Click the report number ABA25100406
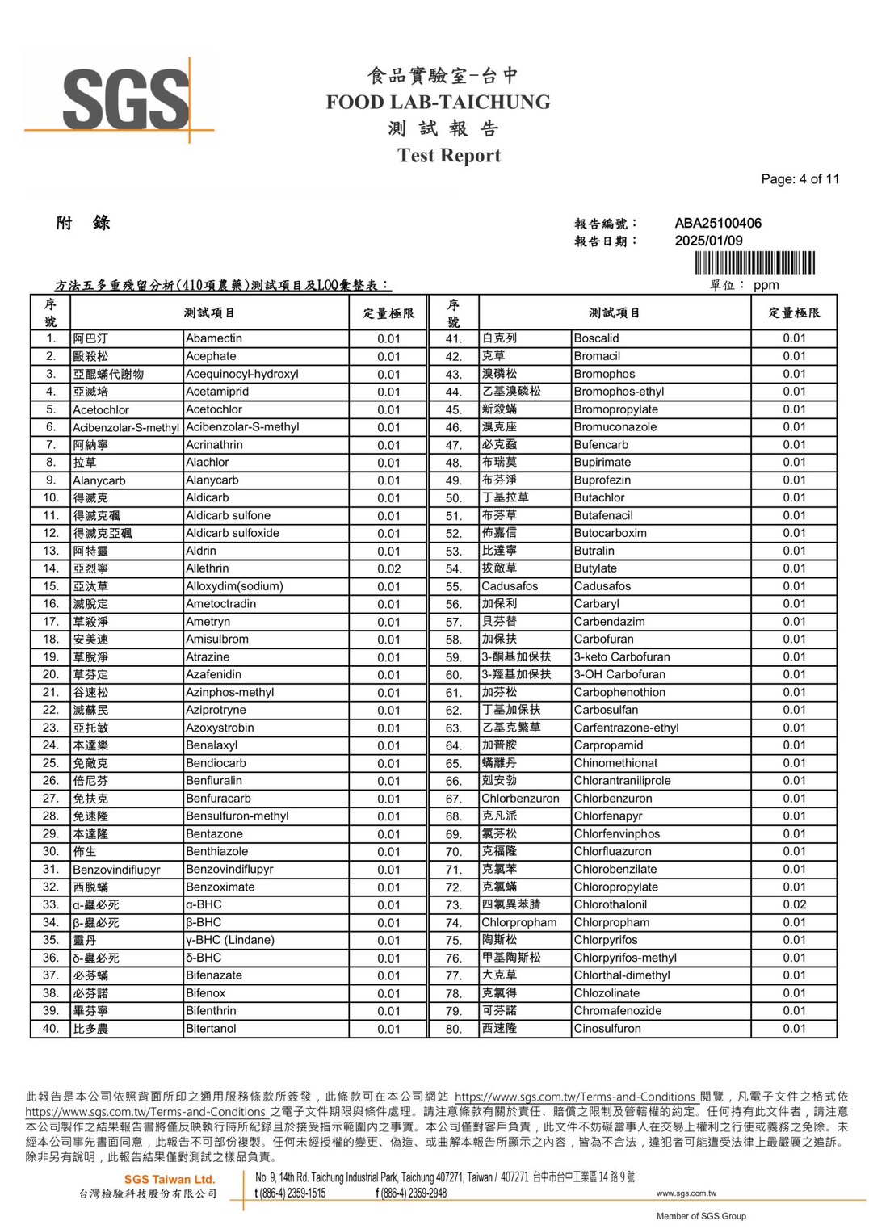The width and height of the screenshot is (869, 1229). point(718,223)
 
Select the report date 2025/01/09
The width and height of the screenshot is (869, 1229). point(708,241)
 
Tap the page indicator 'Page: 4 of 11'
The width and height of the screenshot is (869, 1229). point(800,179)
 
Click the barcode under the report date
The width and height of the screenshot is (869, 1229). point(754,263)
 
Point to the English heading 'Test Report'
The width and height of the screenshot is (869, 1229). point(449,155)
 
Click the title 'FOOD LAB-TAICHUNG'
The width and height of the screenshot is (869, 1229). point(438,103)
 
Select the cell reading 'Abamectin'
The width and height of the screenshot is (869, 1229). point(214,338)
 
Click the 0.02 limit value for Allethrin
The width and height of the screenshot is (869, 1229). point(388,568)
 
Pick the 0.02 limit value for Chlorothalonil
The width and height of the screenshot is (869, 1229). point(794,904)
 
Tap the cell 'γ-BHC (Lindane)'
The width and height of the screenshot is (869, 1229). point(230,940)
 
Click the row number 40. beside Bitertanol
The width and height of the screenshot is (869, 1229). point(51,1029)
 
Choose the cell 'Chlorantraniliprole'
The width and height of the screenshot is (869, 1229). point(622,781)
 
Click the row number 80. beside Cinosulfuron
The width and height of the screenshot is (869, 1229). point(454,1029)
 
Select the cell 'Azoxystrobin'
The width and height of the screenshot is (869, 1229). point(220,728)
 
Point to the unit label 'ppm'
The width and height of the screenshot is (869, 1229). point(766,285)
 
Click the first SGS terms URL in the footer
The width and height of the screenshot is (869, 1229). point(575,1097)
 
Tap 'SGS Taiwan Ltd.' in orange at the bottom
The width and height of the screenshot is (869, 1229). point(170,1179)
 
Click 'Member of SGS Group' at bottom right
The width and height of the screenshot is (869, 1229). point(700,1216)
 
